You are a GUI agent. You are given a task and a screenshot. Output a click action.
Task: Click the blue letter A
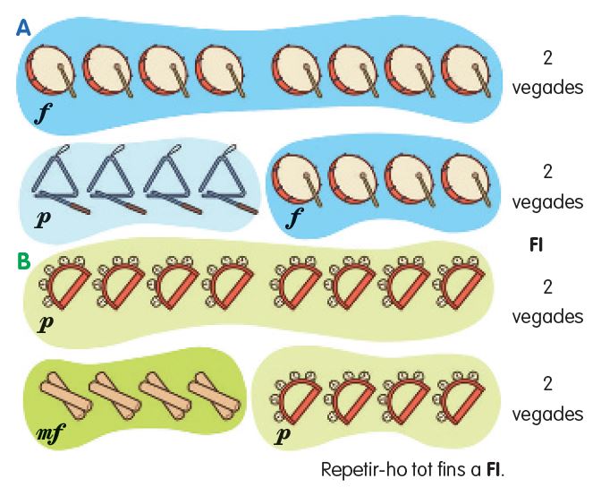tap(23, 29)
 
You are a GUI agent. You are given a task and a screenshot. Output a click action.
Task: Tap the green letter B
tap(24, 262)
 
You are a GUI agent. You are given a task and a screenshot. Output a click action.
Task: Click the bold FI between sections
tap(537, 243)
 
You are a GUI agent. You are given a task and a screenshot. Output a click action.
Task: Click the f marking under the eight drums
tap(42, 114)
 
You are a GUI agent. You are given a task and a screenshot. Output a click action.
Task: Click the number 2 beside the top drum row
tap(547, 58)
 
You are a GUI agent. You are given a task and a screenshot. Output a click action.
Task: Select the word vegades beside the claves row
tap(547, 414)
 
